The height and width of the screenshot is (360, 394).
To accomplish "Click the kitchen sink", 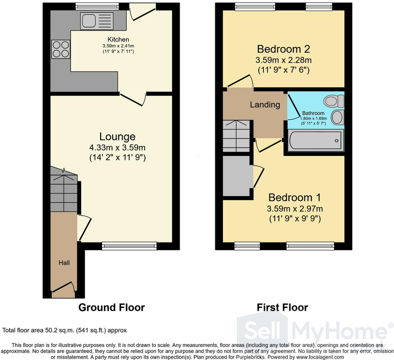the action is pos(97,20).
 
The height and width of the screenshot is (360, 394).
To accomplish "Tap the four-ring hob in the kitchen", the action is pos(61,49).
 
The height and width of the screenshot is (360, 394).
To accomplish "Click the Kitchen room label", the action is pos(118,39).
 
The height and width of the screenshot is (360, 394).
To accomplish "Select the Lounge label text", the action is pos(117,136).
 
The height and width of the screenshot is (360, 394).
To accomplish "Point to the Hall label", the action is pos(64,262).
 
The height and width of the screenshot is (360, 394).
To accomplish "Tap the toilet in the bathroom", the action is pos(334,101).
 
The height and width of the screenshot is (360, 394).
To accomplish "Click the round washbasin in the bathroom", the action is pos(337,117).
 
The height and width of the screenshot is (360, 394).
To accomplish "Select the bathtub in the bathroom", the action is pos(316,140).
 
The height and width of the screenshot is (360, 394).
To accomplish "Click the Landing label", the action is pos(265,104).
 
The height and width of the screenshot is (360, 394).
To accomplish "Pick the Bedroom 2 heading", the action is pos(283,49).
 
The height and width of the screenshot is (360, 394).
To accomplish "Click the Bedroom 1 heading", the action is pos(294,197).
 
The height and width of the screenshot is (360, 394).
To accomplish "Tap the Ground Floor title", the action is pos(112,307).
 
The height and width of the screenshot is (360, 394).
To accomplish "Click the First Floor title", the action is pos(282,307).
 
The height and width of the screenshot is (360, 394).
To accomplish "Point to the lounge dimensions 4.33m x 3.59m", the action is pos(117,147).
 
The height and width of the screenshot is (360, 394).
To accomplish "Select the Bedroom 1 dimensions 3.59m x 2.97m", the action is pos(295,208).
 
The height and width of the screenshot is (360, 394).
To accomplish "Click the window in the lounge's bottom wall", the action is pos(129,246).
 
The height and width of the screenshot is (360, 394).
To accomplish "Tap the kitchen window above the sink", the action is pos(97,7).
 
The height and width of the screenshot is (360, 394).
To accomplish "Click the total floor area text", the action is pos(64,330).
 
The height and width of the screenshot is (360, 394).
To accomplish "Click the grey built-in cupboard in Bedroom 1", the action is pos(236,176).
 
